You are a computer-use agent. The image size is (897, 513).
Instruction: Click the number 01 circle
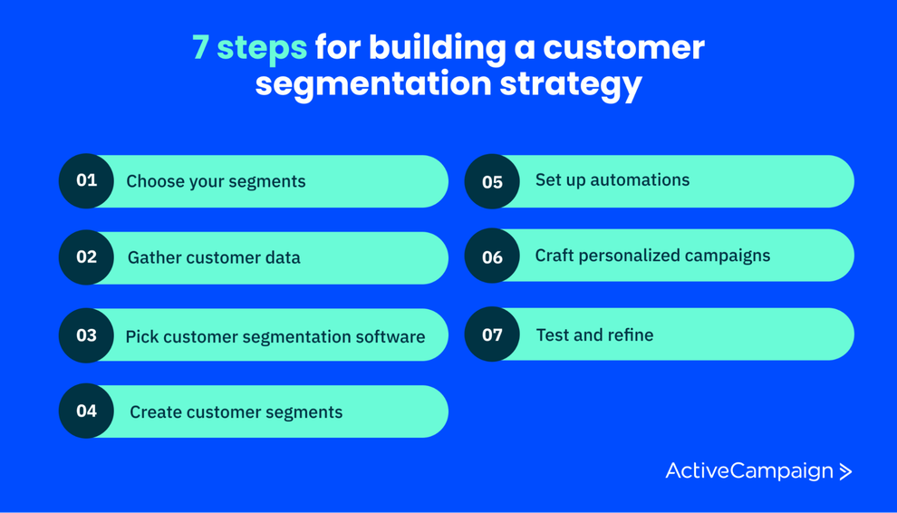click(x=86, y=180)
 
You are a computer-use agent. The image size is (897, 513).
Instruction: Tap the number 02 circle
click(x=86, y=257)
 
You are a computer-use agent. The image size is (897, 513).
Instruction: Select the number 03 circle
click(x=86, y=335)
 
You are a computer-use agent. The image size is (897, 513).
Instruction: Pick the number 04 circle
click(x=86, y=411)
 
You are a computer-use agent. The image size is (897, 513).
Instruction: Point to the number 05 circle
click(x=492, y=181)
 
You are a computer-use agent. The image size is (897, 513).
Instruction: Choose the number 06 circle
click(x=492, y=257)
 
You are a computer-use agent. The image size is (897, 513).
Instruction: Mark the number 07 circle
click(x=492, y=334)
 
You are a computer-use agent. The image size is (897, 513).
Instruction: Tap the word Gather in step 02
click(x=155, y=257)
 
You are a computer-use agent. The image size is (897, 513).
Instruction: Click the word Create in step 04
click(x=157, y=412)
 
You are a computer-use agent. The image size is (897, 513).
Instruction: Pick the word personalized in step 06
click(x=642, y=256)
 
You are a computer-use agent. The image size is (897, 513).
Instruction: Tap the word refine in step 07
click(x=630, y=335)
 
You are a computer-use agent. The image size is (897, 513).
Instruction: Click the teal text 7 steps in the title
click(x=249, y=47)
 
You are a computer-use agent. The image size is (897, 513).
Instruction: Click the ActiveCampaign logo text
click(x=749, y=471)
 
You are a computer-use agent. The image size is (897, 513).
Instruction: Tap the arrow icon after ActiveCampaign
click(x=845, y=471)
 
